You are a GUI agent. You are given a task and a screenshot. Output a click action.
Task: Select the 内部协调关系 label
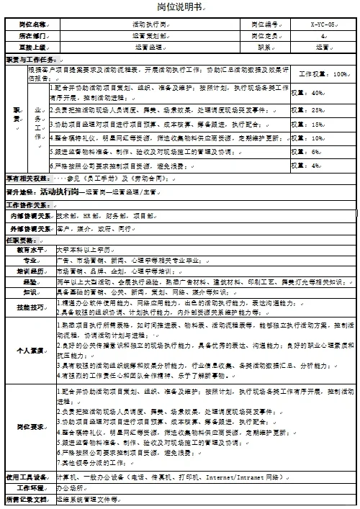pyautogui.click(x=30, y=215)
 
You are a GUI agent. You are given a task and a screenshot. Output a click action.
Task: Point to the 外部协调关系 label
pyautogui.click(x=30, y=228)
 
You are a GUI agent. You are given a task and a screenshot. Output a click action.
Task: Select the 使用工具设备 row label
pyautogui.click(x=29, y=476)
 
